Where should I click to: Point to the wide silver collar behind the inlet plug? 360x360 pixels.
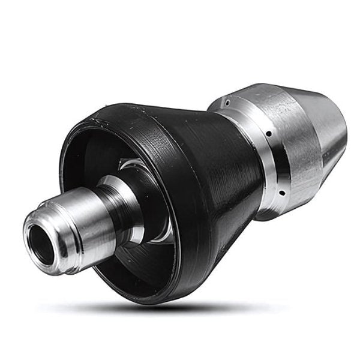click(126, 201)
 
